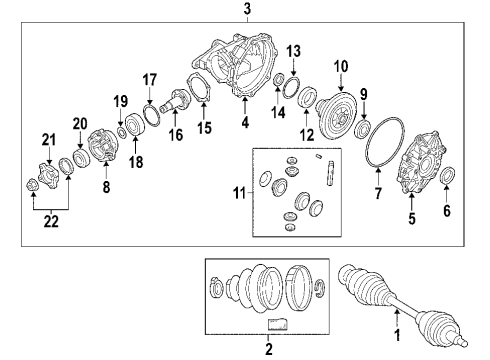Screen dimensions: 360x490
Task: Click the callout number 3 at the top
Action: pyautogui.click(x=247, y=10)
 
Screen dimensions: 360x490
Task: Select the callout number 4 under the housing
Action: pyautogui.click(x=243, y=124)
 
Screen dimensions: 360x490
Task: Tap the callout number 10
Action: pyautogui.click(x=340, y=66)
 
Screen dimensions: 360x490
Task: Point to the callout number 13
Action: pyautogui.click(x=293, y=51)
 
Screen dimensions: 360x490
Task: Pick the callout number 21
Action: pyautogui.click(x=47, y=139)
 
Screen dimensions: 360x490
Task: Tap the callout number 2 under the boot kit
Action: pyautogui.click(x=268, y=350)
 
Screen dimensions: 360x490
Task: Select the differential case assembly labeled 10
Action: pyautogui.click(x=335, y=105)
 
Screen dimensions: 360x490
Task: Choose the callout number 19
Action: pyautogui.click(x=119, y=100)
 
